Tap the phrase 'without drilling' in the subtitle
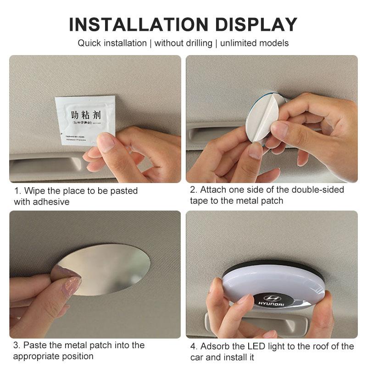click(183, 43)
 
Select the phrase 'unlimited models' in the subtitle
click(255, 43)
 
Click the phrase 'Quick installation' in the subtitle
click(111, 43)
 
